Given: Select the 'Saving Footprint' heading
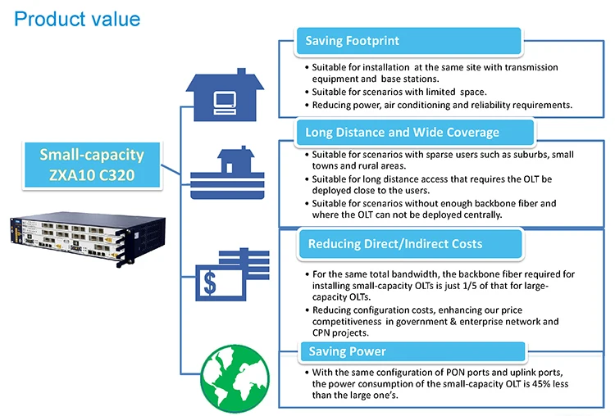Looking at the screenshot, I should coord(353,40).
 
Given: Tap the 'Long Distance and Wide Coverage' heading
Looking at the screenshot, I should coord(402,133).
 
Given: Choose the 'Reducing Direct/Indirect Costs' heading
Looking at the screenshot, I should coord(395,244).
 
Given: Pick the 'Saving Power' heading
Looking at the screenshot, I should coord(348,351).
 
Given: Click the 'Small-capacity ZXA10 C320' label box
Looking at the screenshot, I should coord(92,165).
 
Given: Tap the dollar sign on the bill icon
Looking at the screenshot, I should coord(210,283).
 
